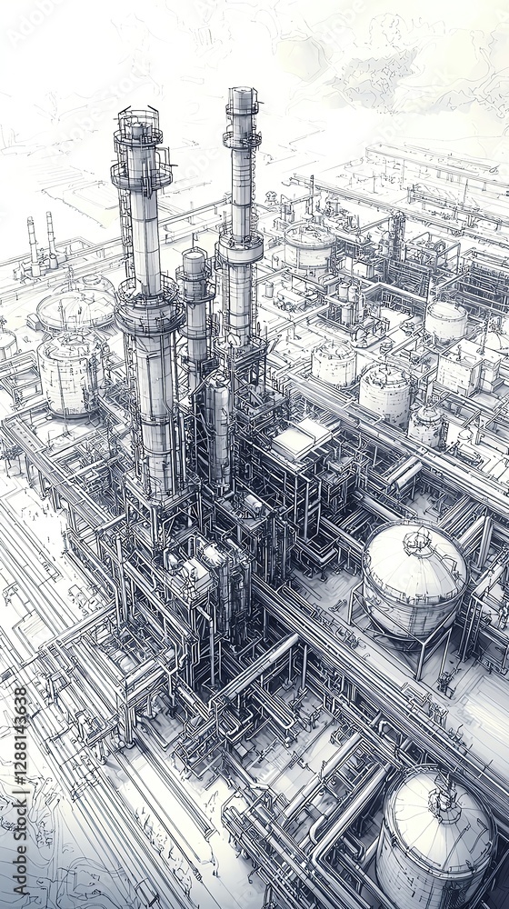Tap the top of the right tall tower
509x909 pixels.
(242, 100)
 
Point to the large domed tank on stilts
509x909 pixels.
(414, 578)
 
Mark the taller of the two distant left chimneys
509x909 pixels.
(32, 241)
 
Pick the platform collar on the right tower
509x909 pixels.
(241, 248)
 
